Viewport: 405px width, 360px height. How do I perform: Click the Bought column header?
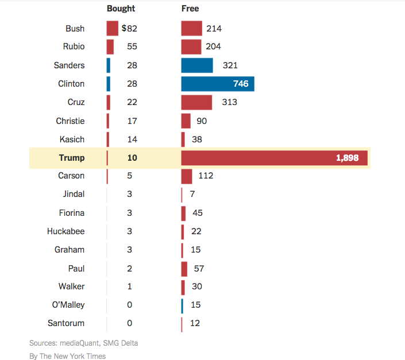(121, 9)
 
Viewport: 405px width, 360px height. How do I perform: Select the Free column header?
(190, 9)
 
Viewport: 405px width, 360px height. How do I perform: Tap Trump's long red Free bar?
(259, 158)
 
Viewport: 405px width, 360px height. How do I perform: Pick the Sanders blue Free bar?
(196, 65)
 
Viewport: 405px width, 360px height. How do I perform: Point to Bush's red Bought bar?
(112, 29)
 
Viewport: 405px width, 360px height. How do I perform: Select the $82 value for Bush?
(129, 29)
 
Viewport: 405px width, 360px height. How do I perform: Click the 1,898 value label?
(348, 158)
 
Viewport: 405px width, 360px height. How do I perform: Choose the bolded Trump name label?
(71, 158)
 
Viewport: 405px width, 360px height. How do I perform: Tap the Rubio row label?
(74, 47)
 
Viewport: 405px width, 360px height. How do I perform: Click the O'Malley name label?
(68, 305)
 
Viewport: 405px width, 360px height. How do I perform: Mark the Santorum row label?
(66, 323)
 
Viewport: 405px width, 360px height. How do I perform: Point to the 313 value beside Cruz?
(229, 102)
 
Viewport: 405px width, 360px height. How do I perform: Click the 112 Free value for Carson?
(205, 176)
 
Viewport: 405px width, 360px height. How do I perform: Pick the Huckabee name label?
(65, 231)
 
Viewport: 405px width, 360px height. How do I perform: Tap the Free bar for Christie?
(186, 121)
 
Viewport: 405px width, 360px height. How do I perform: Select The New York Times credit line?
(67, 356)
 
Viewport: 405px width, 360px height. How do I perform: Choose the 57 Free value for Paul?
(198, 268)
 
